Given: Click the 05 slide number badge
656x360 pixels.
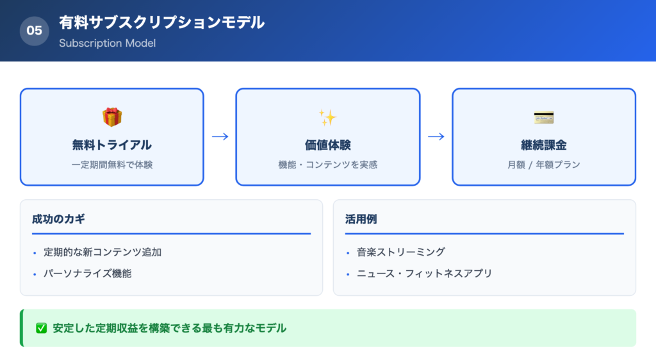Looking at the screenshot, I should (35, 31).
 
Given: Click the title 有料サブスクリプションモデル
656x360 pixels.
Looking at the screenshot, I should (161, 22).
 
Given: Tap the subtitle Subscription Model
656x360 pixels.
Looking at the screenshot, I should (107, 44).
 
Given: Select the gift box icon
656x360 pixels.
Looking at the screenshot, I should (112, 117).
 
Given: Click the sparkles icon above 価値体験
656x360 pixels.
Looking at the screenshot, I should (327, 117).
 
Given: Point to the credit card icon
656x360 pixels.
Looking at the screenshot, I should (544, 118).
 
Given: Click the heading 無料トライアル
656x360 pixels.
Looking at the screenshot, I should (112, 145).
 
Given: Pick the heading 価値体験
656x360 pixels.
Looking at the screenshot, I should (327, 145).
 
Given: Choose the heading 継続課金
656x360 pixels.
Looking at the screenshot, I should (544, 145).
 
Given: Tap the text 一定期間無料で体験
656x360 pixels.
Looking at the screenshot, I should (112, 165).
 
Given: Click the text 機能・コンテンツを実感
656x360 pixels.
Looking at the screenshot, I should (327, 165).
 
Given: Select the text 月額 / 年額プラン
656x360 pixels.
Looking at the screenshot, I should (544, 165).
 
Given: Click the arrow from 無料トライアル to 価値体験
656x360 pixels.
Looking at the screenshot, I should (220, 136).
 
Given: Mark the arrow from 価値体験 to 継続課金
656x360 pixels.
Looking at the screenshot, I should (436, 136).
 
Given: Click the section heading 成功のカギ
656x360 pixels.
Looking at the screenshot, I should (58, 219).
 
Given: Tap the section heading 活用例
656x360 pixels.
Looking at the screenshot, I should (363, 219).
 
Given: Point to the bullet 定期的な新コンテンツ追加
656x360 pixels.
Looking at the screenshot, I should (102, 252).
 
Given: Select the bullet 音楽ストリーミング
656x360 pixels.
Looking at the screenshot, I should (401, 252).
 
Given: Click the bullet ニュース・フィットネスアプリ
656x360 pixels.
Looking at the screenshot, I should (425, 274).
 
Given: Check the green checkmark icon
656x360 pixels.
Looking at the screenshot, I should (42, 328).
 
